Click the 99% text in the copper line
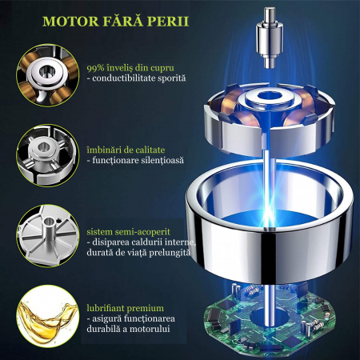click(x=95, y=68)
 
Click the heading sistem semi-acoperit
click(x=128, y=232)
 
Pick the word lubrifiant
click(x=106, y=308)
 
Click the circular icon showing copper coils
click(x=48, y=76)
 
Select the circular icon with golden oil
click(x=48, y=317)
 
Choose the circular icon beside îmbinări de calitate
click(x=48, y=155)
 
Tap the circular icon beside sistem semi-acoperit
click(x=48, y=236)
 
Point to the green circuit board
click(x=270, y=320)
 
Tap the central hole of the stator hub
click(x=269, y=95)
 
